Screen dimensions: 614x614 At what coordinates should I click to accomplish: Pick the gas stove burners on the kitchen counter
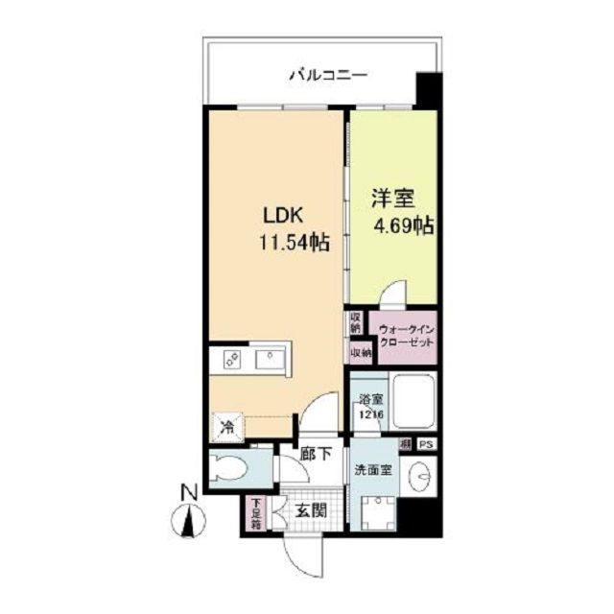233,360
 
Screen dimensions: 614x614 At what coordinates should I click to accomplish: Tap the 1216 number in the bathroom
372,414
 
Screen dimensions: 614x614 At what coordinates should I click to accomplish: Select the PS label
425,444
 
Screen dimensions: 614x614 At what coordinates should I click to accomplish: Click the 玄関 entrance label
309,509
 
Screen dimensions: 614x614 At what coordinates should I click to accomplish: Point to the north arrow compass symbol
189,522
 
